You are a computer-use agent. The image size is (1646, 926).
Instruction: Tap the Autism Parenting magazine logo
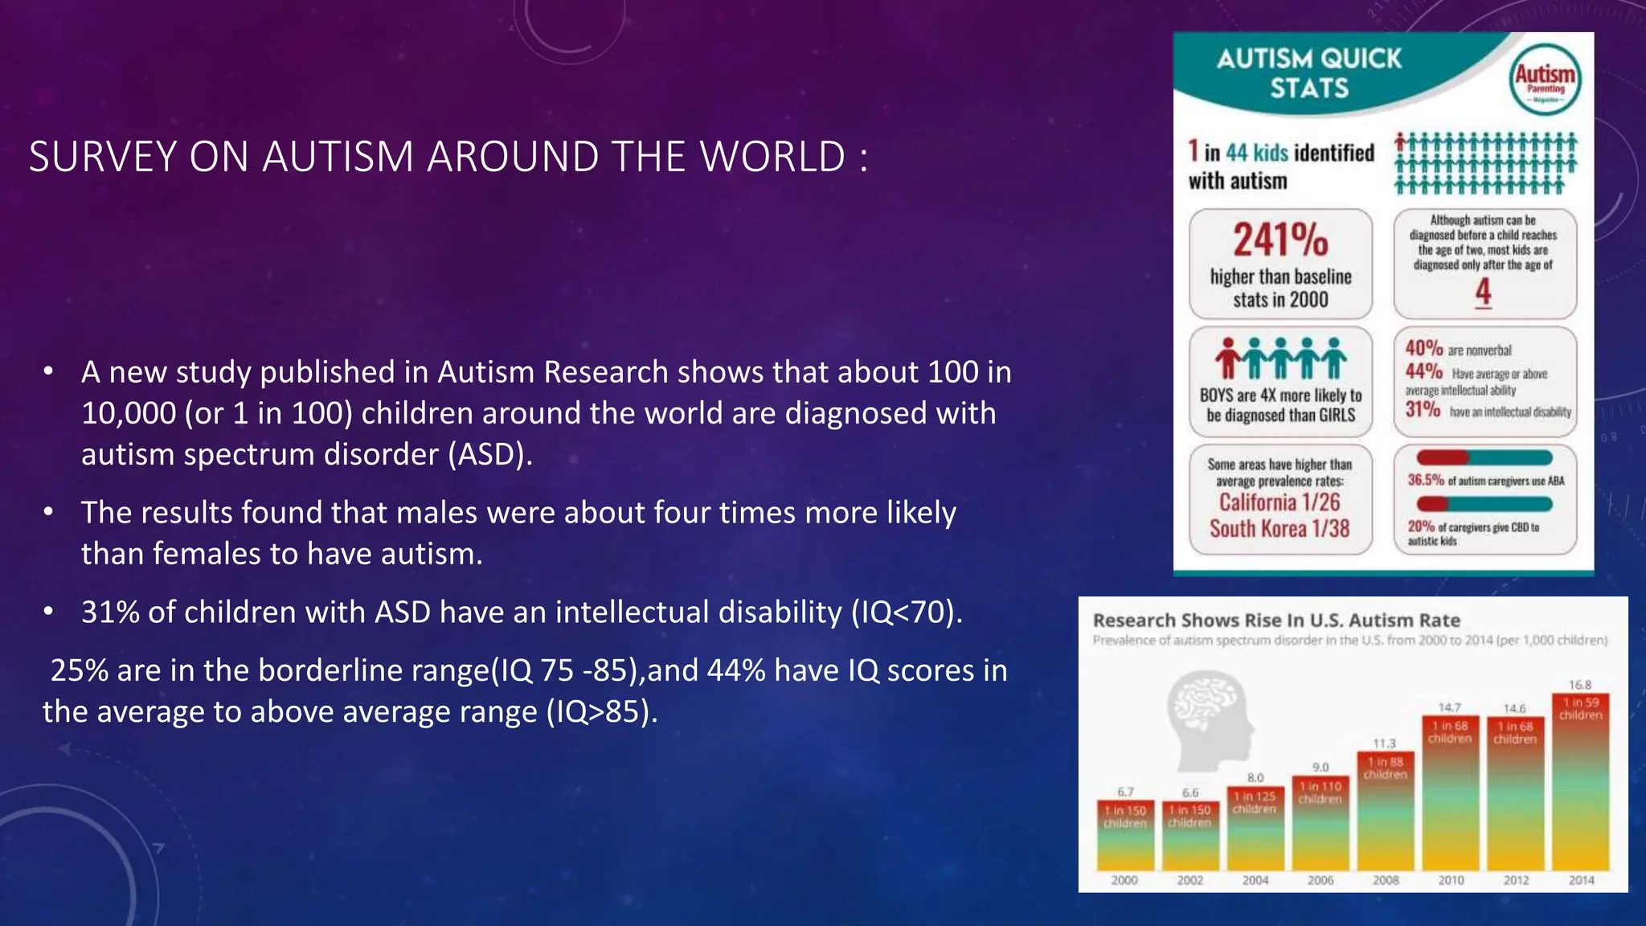pos(1545,80)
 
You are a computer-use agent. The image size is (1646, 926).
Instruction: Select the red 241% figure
pos(1280,240)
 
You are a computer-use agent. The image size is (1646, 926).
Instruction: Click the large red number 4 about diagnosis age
pos(1483,292)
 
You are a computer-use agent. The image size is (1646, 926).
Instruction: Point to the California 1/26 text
pos(1280,502)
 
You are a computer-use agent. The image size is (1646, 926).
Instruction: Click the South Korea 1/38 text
pos(1280,529)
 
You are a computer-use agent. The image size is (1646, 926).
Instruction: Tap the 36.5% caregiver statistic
pos(1426,481)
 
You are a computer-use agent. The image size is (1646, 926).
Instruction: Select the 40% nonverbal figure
pos(1423,348)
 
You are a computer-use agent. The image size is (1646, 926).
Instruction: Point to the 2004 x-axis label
pos(1255,880)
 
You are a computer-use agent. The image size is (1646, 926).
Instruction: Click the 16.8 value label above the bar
pos(1580,685)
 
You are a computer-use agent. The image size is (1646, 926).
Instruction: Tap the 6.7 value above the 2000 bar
pos(1125,792)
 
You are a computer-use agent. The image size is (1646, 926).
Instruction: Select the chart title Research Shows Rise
pos(1276,621)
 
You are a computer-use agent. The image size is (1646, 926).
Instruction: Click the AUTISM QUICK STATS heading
pos(1308,72)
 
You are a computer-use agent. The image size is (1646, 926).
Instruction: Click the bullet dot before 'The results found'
pos(49,513)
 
